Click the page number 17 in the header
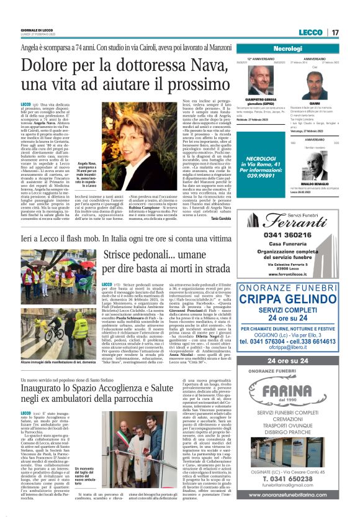pyautogui.click(x=335, y=32)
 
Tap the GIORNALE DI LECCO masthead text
pyautogui.click(x=37, y=30)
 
